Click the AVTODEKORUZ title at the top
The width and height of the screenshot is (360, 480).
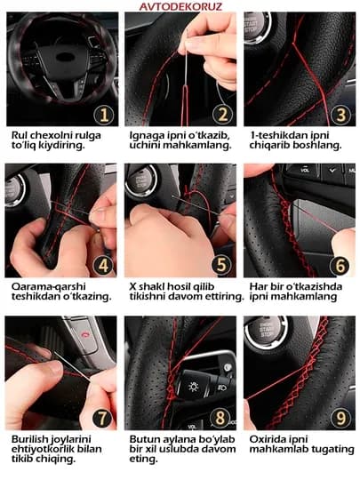(180, 6)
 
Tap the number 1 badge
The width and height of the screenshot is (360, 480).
(104, 115)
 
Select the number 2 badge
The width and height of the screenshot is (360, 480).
(223, 114)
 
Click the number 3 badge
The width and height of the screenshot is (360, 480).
(341, 115)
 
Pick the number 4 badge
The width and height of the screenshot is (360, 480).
(103, 265)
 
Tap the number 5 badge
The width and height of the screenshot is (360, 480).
(221, 265)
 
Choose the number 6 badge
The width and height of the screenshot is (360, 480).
(340, 266)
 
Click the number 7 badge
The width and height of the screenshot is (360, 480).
(102, 418)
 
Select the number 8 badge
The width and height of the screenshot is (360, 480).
(220, 418)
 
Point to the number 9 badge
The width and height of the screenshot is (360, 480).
(340, 418)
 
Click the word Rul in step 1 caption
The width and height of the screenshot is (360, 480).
(20, 135)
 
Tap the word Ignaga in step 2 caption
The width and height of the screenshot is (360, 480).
(147, 136)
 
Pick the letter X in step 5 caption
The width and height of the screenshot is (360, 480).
(132, 286)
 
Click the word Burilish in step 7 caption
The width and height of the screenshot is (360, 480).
(29, 439)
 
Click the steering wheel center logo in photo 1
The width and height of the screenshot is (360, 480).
(64, 57)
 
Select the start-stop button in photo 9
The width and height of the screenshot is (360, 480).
(267, 331)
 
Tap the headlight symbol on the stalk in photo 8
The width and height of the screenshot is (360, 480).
(194, 387)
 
